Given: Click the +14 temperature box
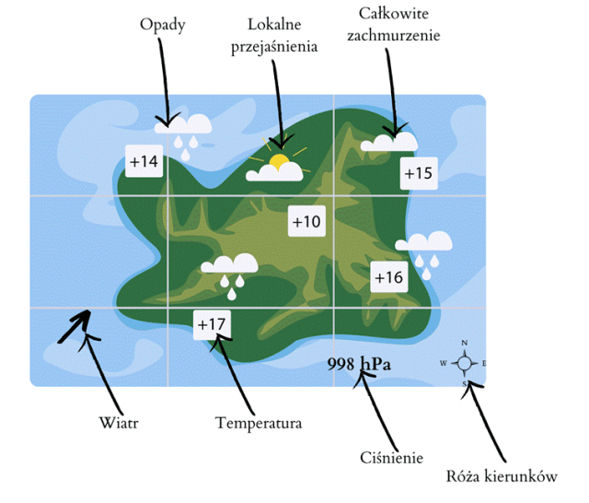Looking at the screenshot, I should point(144,162).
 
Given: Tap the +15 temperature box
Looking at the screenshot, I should point(418,173).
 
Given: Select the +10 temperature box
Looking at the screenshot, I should point(306,221).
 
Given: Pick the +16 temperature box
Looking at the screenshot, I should point(388,277).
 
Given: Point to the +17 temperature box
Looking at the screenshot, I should point(211,324).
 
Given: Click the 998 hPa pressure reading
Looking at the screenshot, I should point(359,364).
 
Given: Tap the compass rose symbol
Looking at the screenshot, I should point(465,363).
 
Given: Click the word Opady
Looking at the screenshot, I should point(163,24).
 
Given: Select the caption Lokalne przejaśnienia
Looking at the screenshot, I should point(273,35).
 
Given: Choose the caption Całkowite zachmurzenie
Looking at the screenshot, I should point(395,25).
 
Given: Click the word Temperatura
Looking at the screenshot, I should point(259,424).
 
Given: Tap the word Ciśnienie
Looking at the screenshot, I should point(390,457).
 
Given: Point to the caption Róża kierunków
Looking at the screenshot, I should point(502,476).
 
